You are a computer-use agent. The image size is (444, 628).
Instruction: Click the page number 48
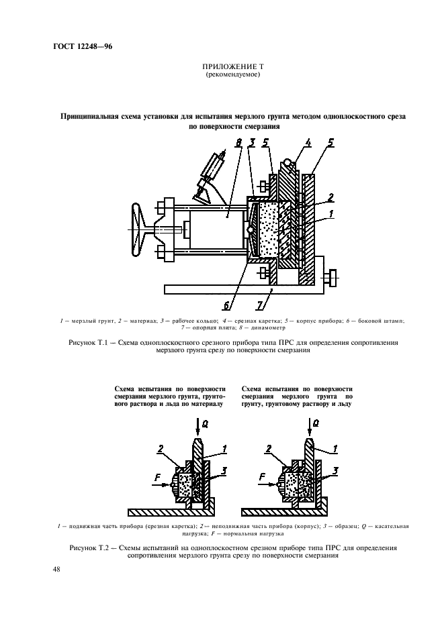coord(56,570)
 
